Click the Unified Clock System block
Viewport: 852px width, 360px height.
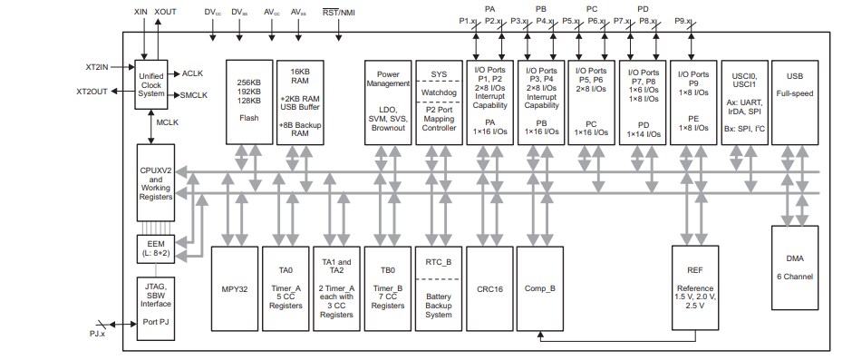click(151, 85)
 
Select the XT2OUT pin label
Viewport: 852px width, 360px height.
click(92, 92)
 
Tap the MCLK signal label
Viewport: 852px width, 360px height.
click(168, 122)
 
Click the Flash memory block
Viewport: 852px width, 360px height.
click(247, 102)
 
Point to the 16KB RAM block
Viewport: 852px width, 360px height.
click(299, 102)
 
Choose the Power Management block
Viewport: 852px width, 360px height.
click(388, 102)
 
